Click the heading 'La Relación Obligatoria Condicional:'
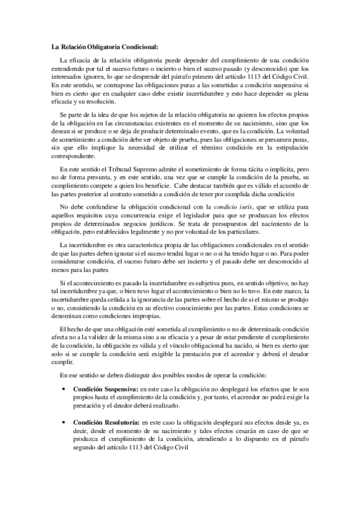click(104, 46)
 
